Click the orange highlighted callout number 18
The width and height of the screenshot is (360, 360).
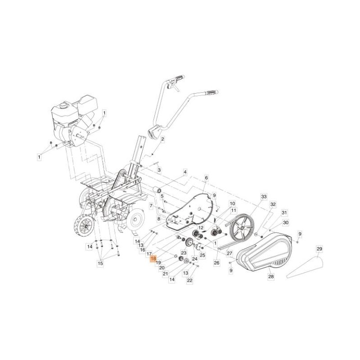click(x=153, y=259)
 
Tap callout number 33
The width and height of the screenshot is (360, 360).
click(x=264, y=197)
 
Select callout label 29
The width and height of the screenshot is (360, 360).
click(x=319, y=249)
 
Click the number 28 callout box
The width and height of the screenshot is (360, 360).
click(x=271, y=276)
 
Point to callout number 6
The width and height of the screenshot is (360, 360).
click(x=206, y=178)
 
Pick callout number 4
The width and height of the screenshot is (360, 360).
click(x=185, y=172)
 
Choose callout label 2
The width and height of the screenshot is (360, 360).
click(x=162, y=139)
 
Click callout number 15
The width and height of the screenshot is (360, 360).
click(x=100, y=263)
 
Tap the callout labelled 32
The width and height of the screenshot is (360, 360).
click(x=273, y=204)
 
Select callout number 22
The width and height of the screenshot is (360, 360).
click(x=189, y=280)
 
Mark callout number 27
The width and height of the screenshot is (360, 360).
click(x=229, y=253)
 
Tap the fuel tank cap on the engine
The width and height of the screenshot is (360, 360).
click(x=63, y=106)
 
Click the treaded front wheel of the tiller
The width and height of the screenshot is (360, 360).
click(x=85, y=226)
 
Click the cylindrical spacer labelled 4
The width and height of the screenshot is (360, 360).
click(x=157, y=190)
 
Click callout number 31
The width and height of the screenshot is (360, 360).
click(x=284, y=213)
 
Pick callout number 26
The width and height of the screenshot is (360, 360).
click(x=216, y=263)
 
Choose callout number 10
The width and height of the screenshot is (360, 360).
click(x=232, y=203)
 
